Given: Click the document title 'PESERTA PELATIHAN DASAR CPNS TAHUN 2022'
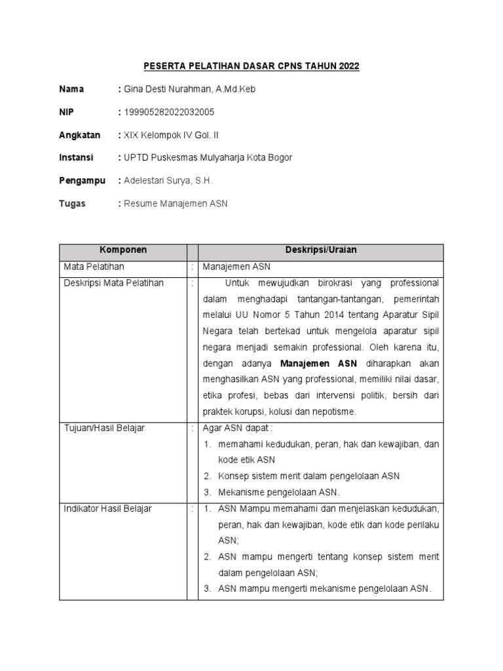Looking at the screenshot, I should [251, 67].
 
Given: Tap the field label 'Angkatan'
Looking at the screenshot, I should [80, 135].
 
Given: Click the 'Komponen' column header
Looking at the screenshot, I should [122, 250].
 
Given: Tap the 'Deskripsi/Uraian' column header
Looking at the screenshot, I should [321, 250].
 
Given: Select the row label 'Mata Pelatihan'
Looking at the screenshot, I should [94, 267].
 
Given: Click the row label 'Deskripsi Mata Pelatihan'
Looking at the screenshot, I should [113, 283].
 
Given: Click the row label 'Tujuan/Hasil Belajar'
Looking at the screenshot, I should [104, 428].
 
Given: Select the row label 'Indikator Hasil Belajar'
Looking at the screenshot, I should [107, 508].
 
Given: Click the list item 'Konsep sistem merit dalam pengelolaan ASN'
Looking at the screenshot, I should [308, 476].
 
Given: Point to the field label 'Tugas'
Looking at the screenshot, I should [72, 204].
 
